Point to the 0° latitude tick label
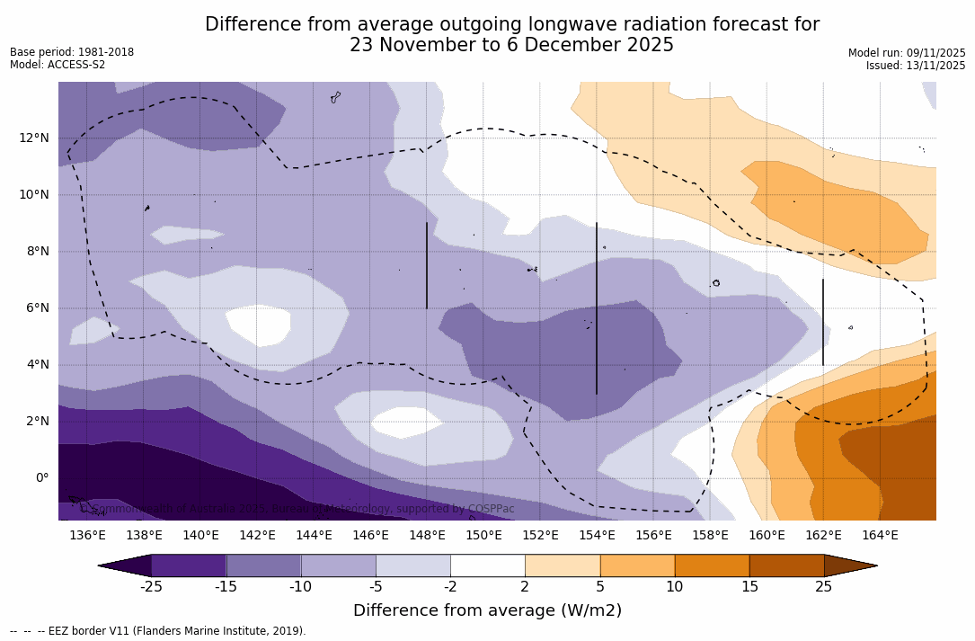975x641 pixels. pyautogui.click(x=41, y=477)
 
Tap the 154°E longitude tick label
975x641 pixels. pyautogui.click(x=597, y=535)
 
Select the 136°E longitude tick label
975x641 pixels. pyautogui.click(x=87, y=535)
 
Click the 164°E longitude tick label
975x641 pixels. pyautogui.click(x=880, y=535)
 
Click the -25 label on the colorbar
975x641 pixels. pyautogui.click(x=151, y=587)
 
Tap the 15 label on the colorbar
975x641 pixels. pyautogui.click(x=749, y=587)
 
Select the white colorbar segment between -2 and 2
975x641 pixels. pyautogui.click(x=488, y=565)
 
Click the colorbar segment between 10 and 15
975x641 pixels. pyautogui.click(x=712, y=565)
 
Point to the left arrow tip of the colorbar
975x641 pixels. pyautogui.click(x=101, y=565)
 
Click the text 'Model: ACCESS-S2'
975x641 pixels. pyautogui.click(x=58, y=65)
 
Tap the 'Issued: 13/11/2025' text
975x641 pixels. pyautogui.click(x=916, y=66)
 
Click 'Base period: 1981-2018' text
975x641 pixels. pyautogui.click(x=72, y=52)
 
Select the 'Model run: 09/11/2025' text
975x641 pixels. pyautogui.click(x=907, y=53)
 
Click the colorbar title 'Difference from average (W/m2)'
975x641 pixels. pyautogui.click(x=487, y=610)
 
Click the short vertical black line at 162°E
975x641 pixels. pyautogui.click(x=823, y=322)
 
